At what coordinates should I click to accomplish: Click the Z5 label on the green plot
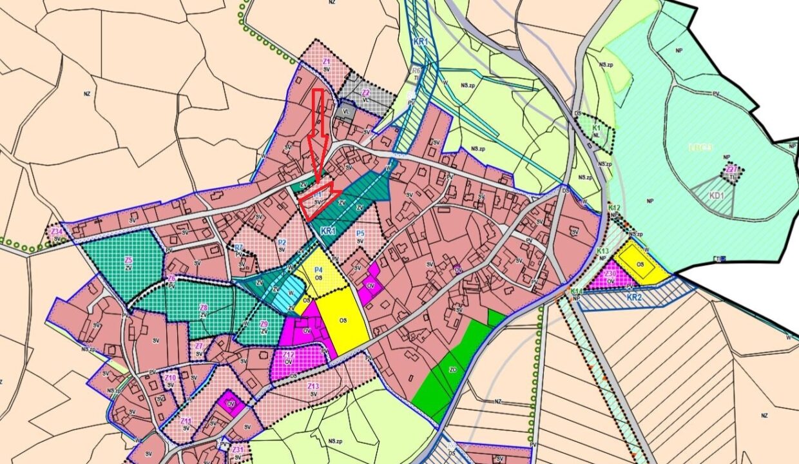(128, 260)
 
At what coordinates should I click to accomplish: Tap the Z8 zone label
(204, 307)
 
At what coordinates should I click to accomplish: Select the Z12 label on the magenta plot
(289, 354)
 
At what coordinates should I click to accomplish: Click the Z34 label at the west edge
(57, 231)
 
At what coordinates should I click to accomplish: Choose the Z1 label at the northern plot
(327, 61)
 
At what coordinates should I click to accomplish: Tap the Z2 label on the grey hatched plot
(365, 92)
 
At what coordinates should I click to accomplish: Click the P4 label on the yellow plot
(318, 270)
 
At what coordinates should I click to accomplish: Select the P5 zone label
(360, 233)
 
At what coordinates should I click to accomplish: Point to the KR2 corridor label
(634, 298)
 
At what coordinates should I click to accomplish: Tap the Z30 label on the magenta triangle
(610, 274)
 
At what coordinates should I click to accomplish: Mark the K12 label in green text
(614, 208)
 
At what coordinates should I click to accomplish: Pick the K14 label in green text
(575, 292)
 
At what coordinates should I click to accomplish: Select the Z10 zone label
(170, 378)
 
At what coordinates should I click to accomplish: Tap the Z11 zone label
(186, 421)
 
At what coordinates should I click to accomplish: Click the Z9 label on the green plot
(264, 324)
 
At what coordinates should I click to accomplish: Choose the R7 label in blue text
(238, 247)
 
